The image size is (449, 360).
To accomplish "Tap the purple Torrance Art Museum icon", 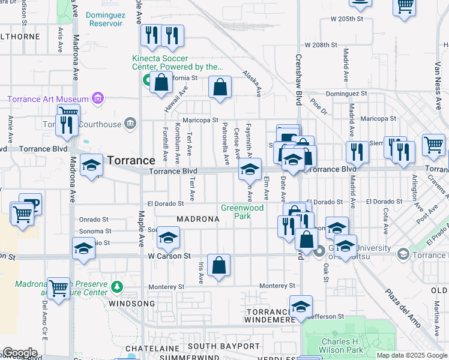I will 99,98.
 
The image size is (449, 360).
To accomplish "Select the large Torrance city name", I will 132,161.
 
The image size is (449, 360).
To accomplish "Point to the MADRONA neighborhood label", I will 198,219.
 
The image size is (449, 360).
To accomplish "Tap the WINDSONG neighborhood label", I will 131,304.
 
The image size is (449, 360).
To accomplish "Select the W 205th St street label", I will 347,19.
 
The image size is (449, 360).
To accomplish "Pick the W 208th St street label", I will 321,45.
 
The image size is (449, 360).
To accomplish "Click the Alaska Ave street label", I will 252,83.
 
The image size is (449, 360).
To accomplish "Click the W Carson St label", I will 169,256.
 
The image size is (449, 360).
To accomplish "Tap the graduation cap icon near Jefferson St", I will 301,307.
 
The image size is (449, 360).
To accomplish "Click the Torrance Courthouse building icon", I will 129,124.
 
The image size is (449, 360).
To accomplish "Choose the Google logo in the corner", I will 19,353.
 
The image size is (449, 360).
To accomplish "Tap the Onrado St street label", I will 95,220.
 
